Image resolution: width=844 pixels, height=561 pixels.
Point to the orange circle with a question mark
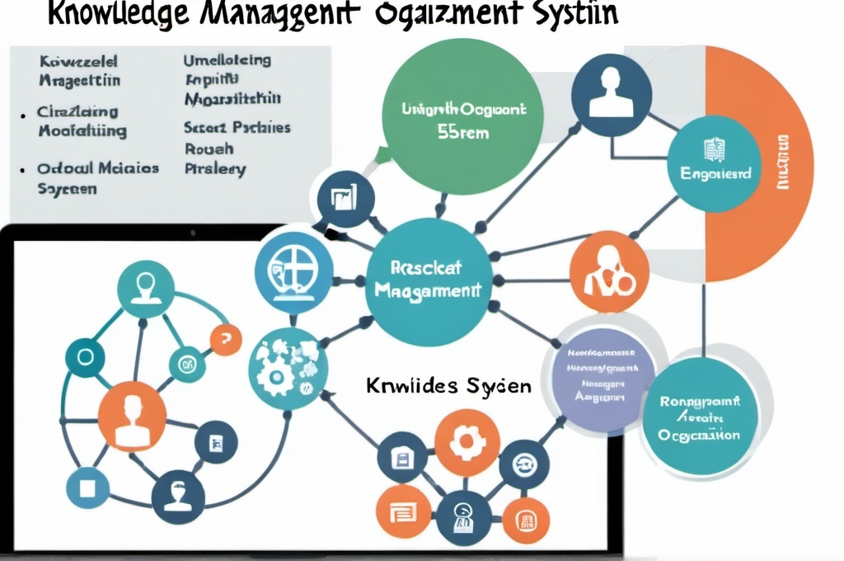click(225, 338)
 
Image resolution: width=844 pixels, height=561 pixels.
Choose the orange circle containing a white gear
click(467, 442)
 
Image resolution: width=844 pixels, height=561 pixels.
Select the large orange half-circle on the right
click(758, 165)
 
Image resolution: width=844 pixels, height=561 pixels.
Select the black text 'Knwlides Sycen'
click(448, 385)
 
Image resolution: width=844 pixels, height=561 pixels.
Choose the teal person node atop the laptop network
click(146, 289)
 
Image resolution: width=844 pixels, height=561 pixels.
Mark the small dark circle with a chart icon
click(340, 198)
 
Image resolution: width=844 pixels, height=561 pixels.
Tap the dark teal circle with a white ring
click(84, 356)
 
